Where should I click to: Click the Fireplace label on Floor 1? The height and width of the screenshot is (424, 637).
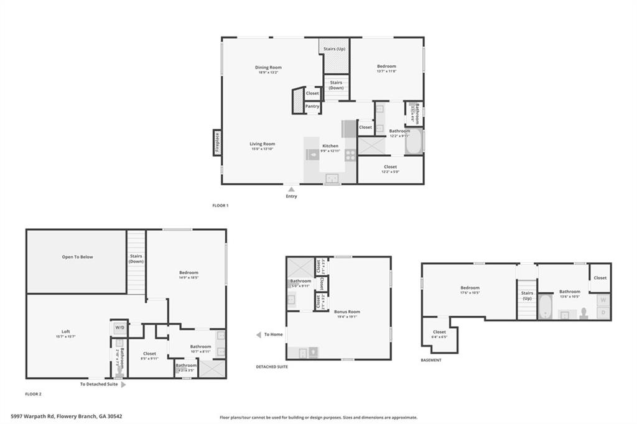pos(217,143)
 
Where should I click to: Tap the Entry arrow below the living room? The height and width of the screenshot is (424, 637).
pos(291,188)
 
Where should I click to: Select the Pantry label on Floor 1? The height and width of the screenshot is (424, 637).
pos(312,106)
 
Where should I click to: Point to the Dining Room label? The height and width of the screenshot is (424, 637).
pos(268,67)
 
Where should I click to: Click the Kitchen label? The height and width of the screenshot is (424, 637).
pos(330,146)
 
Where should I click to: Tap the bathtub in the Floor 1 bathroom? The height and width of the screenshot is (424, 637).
pos(413,142)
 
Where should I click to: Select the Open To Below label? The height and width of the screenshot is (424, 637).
pos(77,257)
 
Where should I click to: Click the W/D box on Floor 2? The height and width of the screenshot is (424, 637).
pos(119,328)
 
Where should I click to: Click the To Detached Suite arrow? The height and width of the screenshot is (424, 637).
pos(123,385)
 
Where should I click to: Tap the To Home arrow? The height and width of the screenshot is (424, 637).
pos(258,334)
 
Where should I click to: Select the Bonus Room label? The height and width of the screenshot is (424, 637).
pos(346,312)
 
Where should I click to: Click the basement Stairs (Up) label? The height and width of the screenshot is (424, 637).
pos(527,295)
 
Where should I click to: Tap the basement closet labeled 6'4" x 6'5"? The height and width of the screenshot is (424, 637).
pos(439,334)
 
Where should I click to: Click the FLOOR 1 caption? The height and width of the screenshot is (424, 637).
pos(221,206)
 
